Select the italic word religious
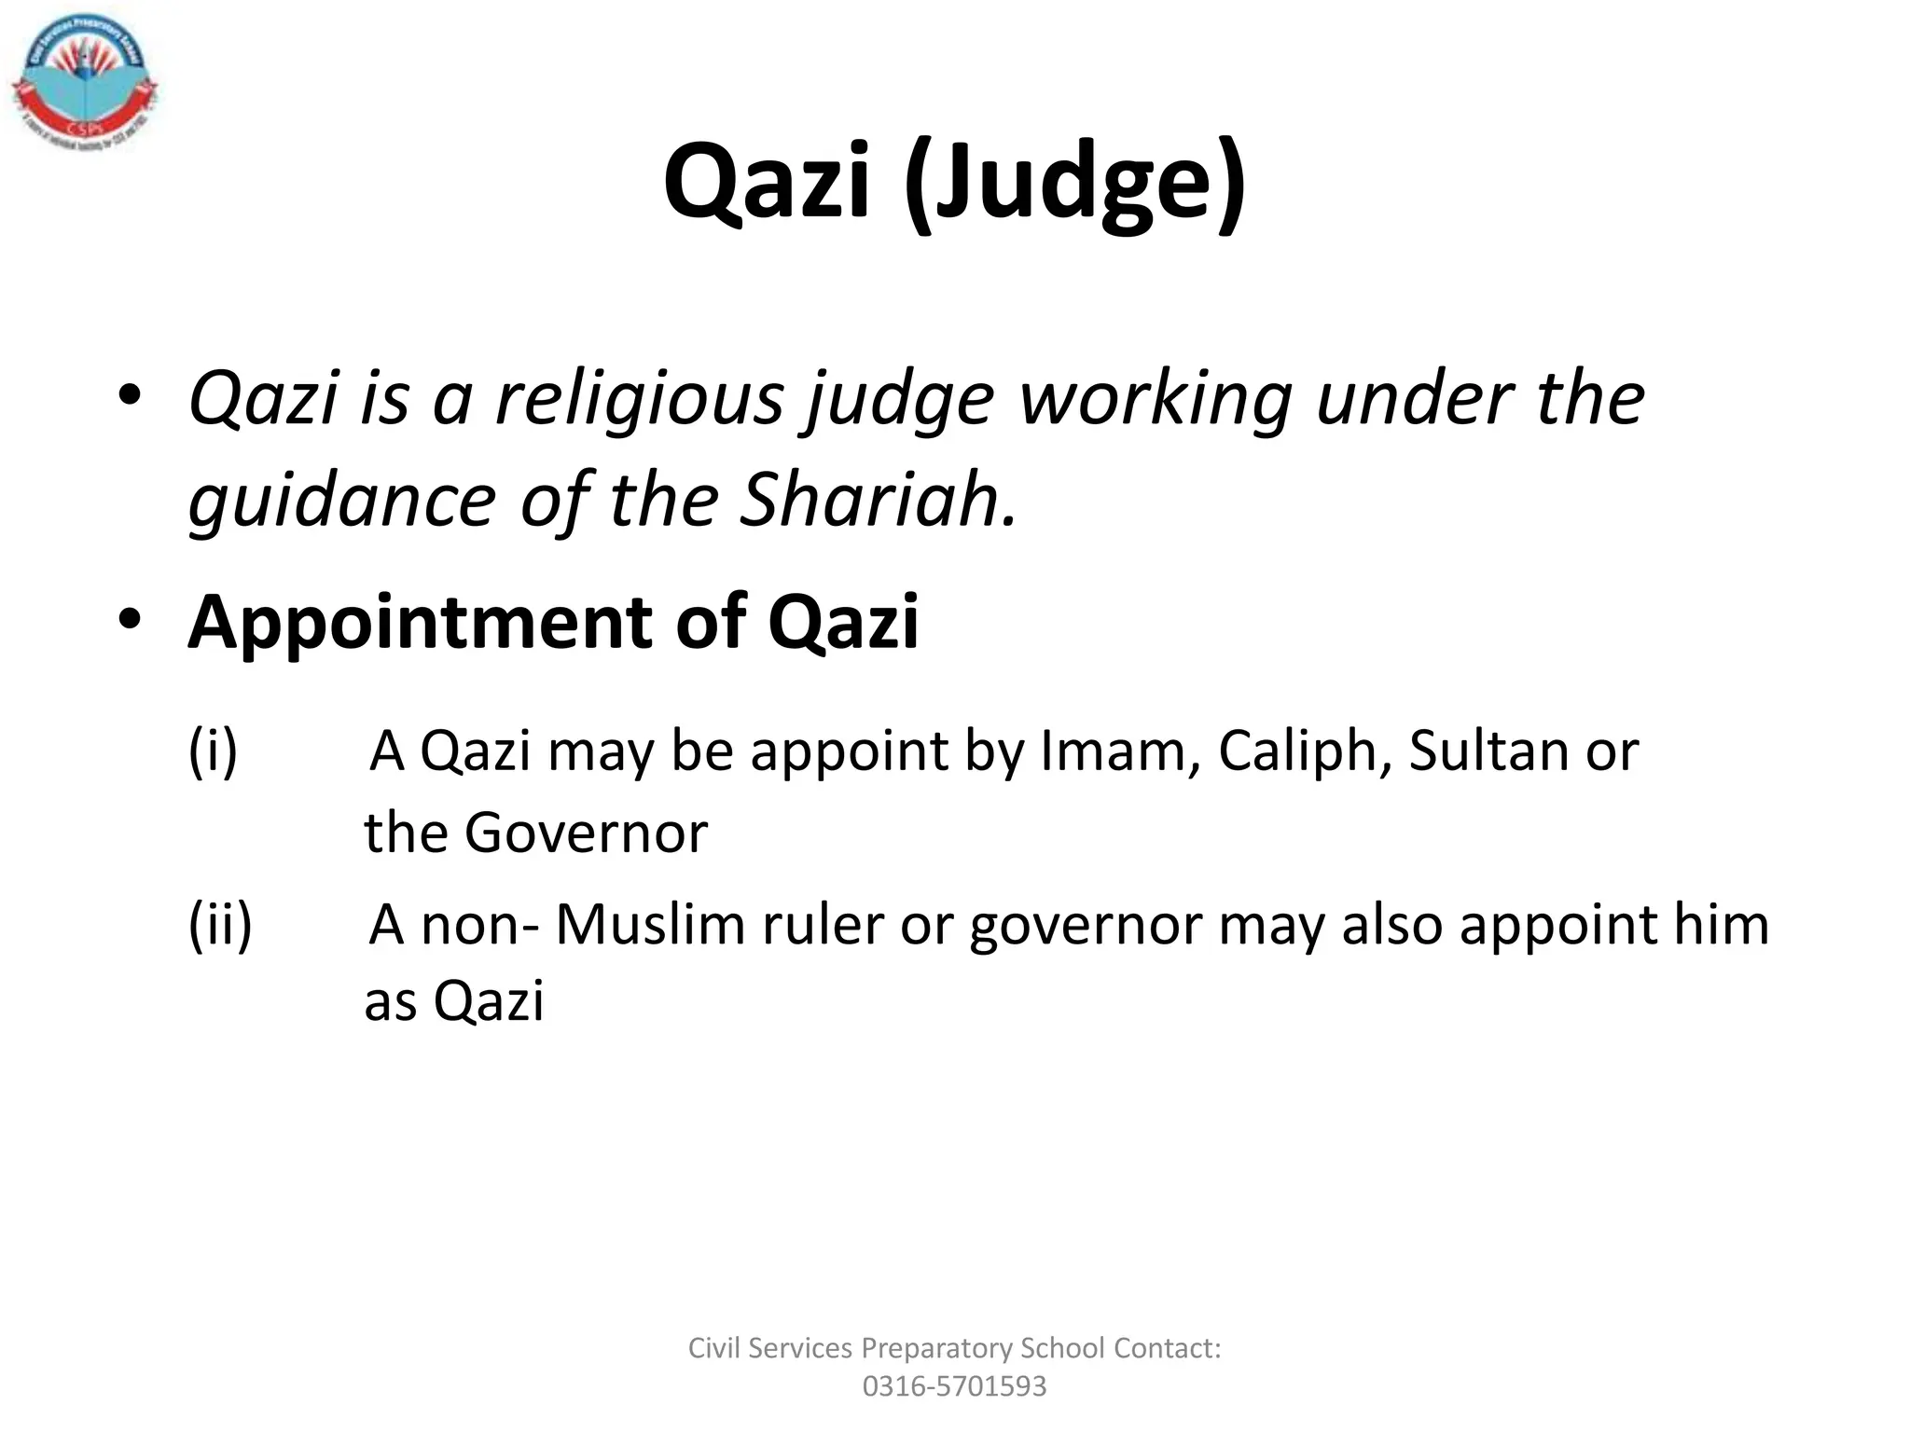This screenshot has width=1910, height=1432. [640, 398]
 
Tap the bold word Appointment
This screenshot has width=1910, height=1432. [421, 623]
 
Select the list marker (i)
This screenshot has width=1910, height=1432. [214, 750]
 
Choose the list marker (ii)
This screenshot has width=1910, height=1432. [220, 925]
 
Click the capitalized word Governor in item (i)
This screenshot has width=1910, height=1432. [586, 833]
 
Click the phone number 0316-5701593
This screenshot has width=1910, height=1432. [954, 1386]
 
